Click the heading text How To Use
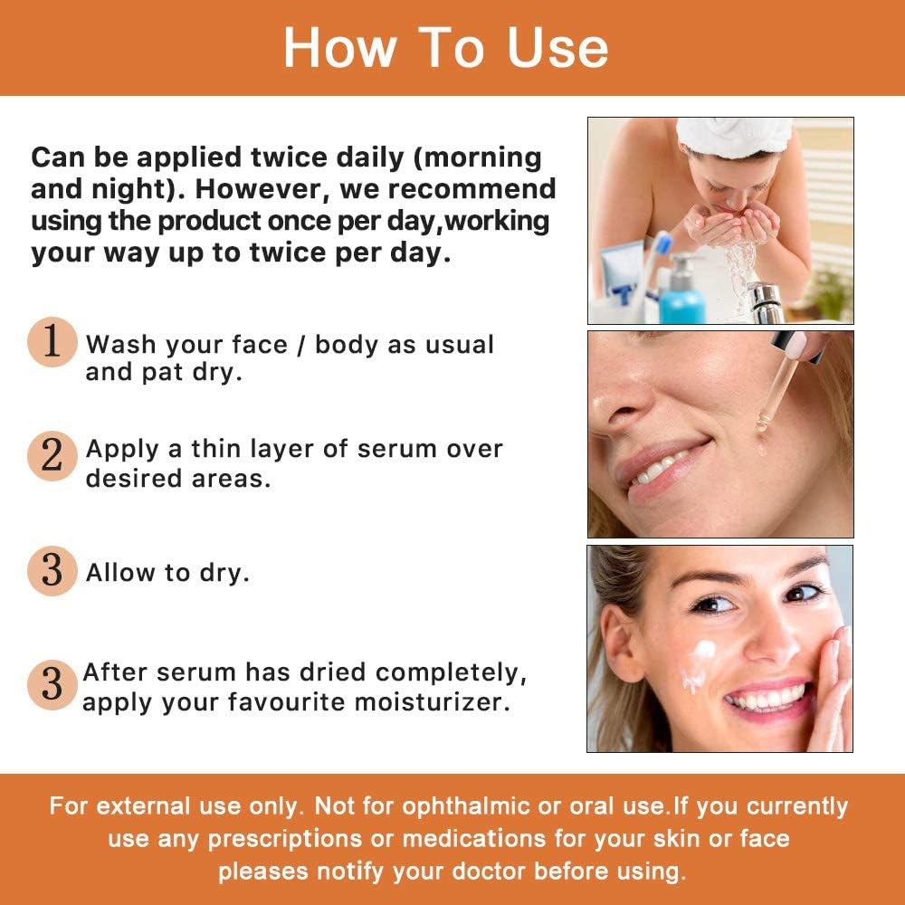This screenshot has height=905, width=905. coord(445,48)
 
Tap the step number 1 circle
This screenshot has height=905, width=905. coord(52,342)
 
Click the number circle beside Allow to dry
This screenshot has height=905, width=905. coord(52,571)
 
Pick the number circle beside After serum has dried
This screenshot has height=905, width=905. coord(52,684)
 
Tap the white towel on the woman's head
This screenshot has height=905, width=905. coord(733,135)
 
